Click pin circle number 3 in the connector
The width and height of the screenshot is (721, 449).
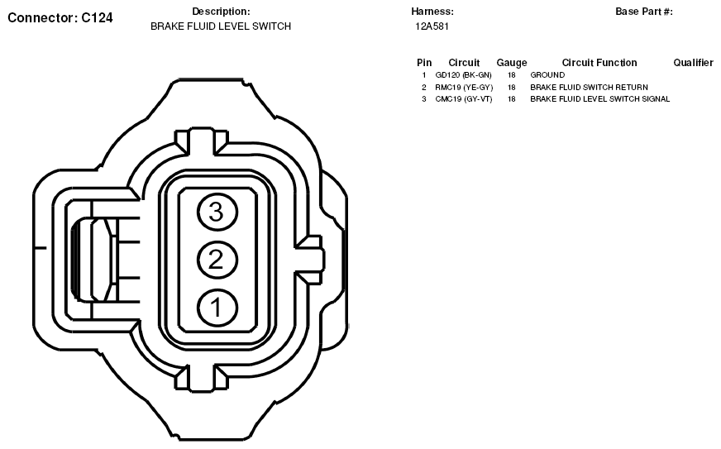tap(217, 213)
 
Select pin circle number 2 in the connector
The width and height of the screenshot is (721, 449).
tap(217, 260)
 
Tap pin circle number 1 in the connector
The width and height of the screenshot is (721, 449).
tap(217, 308)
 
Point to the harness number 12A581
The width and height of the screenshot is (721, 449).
tap(432, 26)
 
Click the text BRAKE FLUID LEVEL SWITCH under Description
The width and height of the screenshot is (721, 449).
tap(221, 26)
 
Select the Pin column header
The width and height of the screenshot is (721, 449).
tap(424, 63)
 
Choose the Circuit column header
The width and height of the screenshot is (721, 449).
tap(464, 63)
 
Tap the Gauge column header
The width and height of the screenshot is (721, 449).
tap(511, 63)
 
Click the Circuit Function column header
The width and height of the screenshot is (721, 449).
tap(599, 63)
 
